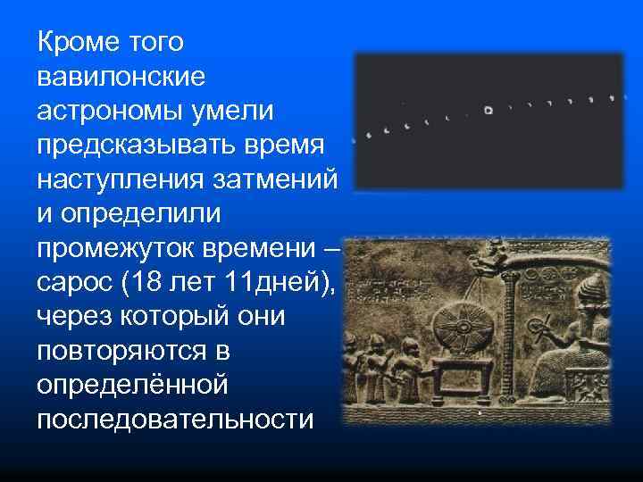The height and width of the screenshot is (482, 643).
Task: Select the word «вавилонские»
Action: coord(121,77)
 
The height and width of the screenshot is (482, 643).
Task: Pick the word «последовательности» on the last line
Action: coord(175,418)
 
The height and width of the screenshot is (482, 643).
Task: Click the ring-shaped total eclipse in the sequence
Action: coord(488,110)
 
